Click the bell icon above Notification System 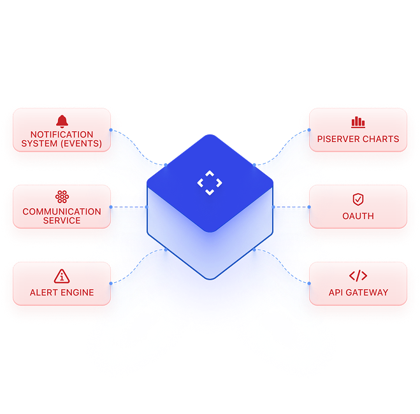click(62, 122)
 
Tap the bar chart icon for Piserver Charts click(358, 122)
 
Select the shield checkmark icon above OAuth click(358, 199)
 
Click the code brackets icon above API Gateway click(358, 276)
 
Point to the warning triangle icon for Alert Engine click(62, 276)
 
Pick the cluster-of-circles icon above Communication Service click(62, 197)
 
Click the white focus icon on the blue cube click(210, 183)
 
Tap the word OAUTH click(358, 216)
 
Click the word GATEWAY click(367, 292)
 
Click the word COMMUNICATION click(62, 211)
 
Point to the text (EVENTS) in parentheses click(81, 144)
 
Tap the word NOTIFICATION click(62, 134)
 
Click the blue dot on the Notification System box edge click(111, 130)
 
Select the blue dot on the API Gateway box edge click(309, 283)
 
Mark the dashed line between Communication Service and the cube click(129, 207)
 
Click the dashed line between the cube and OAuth click(291, 207)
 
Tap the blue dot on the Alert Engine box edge click(111, 283)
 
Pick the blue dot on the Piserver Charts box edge click(309, 130)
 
